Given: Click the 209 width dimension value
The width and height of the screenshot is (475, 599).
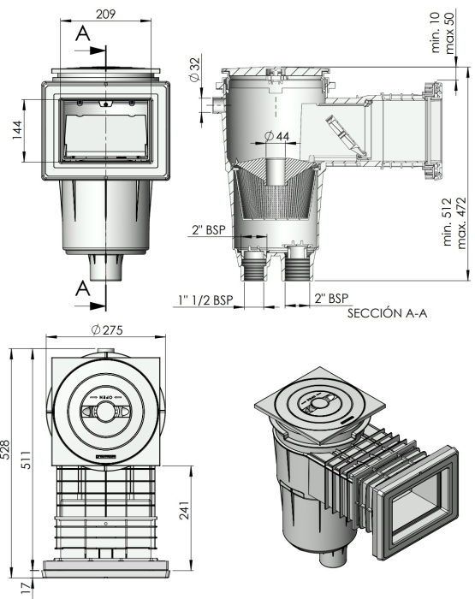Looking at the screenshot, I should pyautogui.click(x=106, y=14).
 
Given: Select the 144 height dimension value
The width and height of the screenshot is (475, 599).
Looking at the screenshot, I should pyautogui.click(x=17, y=131).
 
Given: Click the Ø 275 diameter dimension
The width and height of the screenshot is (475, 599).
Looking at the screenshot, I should pyautogui.click(x=106, y=332).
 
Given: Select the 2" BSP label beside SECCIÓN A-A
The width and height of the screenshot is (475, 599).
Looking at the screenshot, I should pyautogui.click(x=332, y=298).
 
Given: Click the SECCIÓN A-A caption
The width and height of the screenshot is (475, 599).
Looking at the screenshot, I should pyautogui.click(x=387, y=313).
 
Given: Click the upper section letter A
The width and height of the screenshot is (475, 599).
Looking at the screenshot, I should pyautogui.click(x=83, y=33).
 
